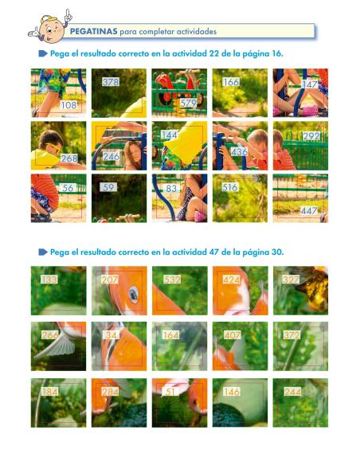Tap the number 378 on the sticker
pos(111,82)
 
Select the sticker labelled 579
pos(188,103)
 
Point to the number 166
pos(231,82)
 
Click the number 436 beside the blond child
pos(239,151)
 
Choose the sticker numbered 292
pos(311,136)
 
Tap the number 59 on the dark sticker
pos(109,188)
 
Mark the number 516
pos(230,187)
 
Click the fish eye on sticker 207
pos(134,294)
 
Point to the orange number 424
pos(232,280)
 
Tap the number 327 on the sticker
pos(292,280)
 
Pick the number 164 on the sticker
pos(170,335)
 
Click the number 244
pos(292,392)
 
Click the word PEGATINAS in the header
pos(93,32)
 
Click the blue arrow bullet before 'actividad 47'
pos(43,252)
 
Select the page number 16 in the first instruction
pos(276,53)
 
